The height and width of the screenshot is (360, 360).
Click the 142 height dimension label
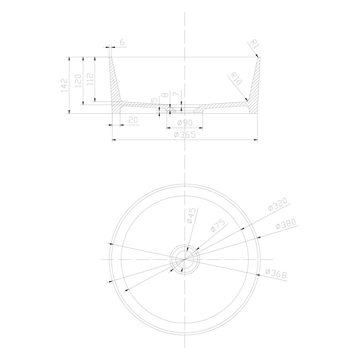(65, 85)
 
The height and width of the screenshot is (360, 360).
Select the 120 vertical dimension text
(79, 81)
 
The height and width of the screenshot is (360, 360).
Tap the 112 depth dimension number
(90, 79)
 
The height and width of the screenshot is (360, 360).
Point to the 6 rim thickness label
(122, 42)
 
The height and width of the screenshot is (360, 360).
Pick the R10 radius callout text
(236, 79)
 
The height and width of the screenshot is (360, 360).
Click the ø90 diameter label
(185, 123)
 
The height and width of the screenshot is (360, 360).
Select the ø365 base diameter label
(185, 134)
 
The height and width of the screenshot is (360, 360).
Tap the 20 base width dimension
(133, 120)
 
